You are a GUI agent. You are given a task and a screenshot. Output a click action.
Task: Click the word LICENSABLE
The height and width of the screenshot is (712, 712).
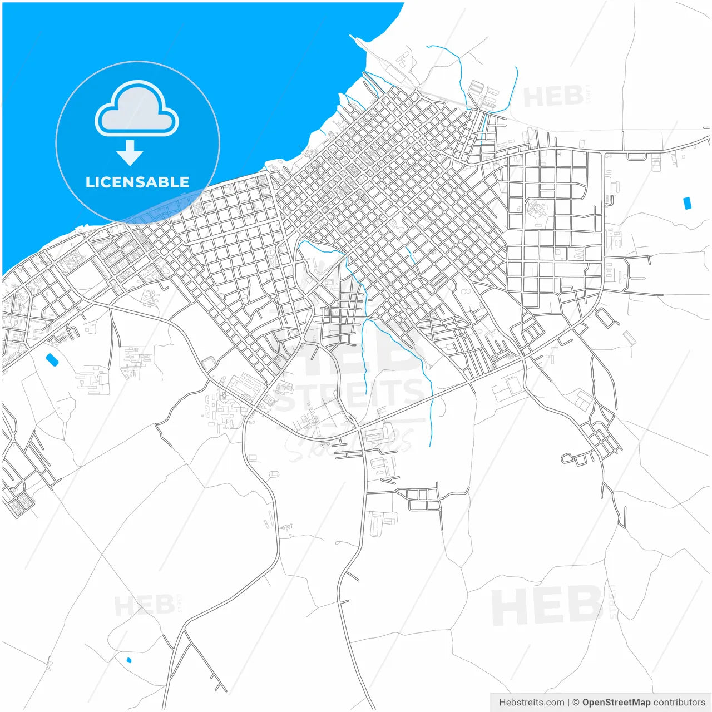tap(137, 182)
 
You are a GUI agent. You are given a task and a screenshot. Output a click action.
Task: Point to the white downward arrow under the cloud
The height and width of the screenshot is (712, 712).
tap(130, 153)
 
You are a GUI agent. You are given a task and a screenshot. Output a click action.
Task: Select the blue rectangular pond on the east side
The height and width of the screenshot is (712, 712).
tap(687, 203)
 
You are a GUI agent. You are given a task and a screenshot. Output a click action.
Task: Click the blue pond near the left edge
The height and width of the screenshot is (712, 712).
tap(52, 360)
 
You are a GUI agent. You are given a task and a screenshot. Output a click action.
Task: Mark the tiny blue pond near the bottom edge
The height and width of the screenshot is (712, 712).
tap(129, 660)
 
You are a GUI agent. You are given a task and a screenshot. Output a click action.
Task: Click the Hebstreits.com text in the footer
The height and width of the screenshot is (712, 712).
tap(531, 703)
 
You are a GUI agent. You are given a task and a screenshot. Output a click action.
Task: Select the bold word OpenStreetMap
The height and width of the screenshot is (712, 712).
tap(616, 703)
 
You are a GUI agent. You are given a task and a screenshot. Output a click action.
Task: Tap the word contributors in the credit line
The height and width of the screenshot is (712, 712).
tap(679, 703)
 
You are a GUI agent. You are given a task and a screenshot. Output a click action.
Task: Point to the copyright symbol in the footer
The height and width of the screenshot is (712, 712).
tap(576, 703)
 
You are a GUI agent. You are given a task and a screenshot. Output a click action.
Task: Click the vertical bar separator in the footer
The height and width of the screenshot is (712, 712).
tap(568, 703)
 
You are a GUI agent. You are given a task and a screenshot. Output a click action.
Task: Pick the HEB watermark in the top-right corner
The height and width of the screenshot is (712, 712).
tap(553, 97)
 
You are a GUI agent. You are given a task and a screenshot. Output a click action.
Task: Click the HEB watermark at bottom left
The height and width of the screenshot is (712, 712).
tap(144, 605)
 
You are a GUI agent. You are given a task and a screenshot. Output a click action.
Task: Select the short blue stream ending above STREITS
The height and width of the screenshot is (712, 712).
tap(364, 356)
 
